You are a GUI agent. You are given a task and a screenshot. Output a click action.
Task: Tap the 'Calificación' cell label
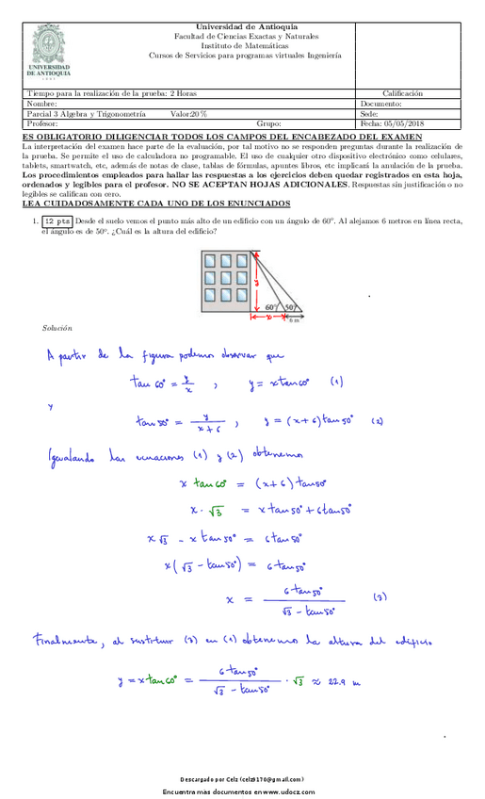point(402,93)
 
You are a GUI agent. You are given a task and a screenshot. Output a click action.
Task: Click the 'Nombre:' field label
point(43,104)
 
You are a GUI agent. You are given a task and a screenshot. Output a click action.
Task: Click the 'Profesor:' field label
point(43,123)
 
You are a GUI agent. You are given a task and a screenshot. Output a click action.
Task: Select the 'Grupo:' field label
point(269,123)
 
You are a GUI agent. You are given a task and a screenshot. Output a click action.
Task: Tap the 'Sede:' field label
point(370,113)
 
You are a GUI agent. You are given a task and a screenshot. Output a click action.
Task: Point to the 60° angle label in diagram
point(270,307)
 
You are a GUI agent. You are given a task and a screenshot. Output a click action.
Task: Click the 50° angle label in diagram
point(290,307)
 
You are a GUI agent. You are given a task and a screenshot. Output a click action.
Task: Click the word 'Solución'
point(57,328)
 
